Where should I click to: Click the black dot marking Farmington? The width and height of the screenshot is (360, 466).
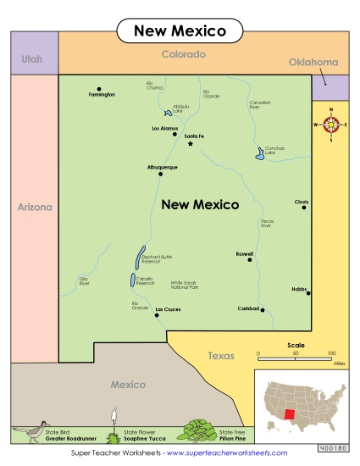(x=99, y=89)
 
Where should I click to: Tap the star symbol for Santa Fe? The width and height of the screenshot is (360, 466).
(x=191, y=143)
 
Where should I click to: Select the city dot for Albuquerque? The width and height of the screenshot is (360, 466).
(x=160, y=173)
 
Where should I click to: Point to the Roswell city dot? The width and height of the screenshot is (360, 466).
(x=250, y=259)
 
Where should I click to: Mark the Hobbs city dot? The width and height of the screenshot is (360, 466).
(x=308, y=293)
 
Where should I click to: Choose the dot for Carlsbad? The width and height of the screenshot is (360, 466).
(x=263, y=309)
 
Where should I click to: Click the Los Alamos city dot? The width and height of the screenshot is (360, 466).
(x=175, y=134)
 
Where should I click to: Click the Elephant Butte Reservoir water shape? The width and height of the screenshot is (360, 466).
(x=139, y=254)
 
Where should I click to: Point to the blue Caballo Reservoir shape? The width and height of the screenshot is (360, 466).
(x=133, y=280)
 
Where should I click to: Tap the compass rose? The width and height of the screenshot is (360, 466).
(x=331, y=125)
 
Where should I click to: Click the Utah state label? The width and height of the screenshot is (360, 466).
(x=32, y=59)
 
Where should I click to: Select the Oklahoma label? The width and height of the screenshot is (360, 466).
(x=313, y=62)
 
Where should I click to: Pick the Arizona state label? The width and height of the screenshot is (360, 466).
(x=35, y=207)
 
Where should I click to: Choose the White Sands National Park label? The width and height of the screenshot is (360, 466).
(x=184, y=285)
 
